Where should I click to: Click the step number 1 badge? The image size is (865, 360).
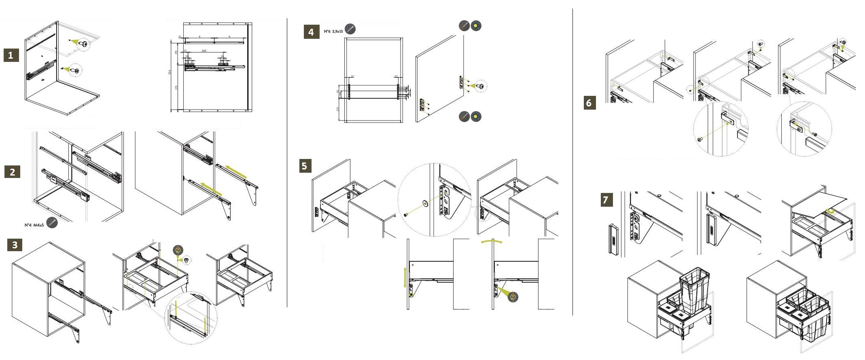point(11,55)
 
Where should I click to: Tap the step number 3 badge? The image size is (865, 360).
point(15,245)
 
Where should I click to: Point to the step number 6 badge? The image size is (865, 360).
point(589,103)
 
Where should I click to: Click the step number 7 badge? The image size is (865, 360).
point(606,199)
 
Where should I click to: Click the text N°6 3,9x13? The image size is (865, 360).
point(333,31)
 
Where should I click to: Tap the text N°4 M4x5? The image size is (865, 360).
point(34,225)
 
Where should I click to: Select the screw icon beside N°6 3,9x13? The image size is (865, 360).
point(350,29)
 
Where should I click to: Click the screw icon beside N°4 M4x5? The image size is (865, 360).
point(52,222)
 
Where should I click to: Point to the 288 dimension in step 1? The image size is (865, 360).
point(204,51)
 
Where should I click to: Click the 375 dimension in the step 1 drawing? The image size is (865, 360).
point(176,87)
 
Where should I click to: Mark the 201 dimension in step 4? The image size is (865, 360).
point(338,109)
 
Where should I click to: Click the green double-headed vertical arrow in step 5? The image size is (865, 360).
point(405,277)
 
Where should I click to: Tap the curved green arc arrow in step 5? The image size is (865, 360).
point(492,242)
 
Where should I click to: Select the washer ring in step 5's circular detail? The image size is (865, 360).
point(425,203)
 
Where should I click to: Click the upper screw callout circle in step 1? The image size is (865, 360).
point(83,44)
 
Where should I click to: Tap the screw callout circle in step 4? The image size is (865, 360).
point(480,86)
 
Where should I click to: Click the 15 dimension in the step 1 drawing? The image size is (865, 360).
point(180,37)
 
